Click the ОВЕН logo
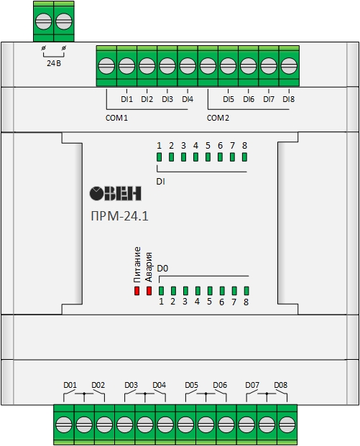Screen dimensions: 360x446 115,193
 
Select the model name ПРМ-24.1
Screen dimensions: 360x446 119,216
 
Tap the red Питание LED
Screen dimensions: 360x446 137,291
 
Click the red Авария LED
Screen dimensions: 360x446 149,291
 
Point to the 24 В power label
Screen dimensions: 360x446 54,63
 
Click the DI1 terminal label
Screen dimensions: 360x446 126,99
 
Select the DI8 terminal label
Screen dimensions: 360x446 289,99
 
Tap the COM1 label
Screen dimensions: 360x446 116,118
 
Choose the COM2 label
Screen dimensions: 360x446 218,118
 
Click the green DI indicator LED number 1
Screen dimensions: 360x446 159,157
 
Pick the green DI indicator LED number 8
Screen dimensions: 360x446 244,157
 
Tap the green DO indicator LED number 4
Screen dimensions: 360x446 198,291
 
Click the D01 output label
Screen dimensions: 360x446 70,385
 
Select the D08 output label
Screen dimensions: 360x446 281,385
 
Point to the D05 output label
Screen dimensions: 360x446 192,385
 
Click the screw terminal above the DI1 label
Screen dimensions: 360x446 126,65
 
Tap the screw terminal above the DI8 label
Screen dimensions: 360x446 289,65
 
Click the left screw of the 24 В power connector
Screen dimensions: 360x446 44,22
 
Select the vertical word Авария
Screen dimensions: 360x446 149,266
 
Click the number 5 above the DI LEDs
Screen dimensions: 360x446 208,146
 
